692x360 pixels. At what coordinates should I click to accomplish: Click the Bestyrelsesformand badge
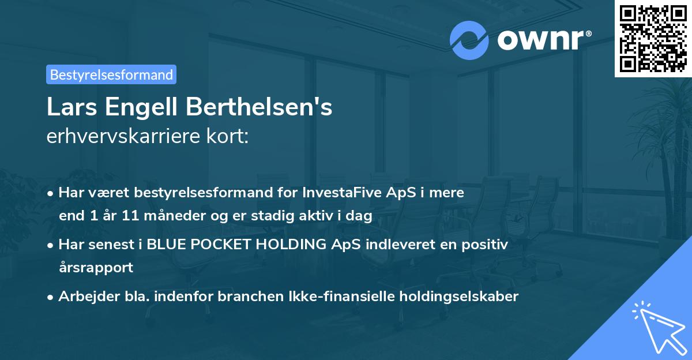[111, 74]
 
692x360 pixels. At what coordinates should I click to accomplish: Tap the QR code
[653, 38]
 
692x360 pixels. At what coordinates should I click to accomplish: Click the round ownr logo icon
[469, 40]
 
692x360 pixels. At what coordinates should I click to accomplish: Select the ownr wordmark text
[543, 40]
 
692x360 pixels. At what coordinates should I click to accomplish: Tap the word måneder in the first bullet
[165, 216]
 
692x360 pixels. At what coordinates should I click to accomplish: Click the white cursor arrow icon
[657, 325]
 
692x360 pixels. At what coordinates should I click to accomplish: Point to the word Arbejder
[84, 297]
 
